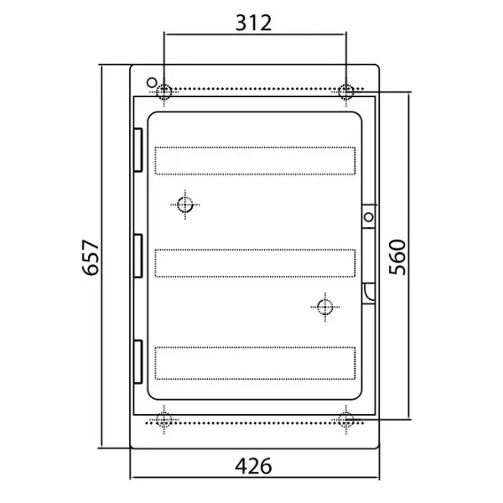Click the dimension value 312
point(253,23)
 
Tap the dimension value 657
point(91,257)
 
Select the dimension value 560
point(397,257)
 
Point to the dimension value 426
point(253,466)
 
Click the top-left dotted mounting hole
point(164,91)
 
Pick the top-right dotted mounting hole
point(345,91)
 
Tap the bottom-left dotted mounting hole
point(164,420)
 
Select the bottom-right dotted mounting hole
point(345,420)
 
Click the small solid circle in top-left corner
point(152,82)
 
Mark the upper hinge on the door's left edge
point(138,150)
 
